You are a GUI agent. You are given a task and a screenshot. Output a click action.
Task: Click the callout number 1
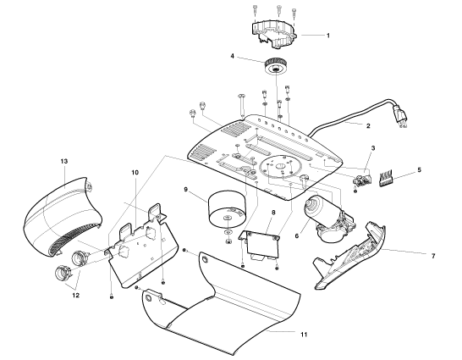pos(328,36)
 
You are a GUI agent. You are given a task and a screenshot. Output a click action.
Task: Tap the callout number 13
pos(64,161)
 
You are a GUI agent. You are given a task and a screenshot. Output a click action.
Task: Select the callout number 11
pos(304,335)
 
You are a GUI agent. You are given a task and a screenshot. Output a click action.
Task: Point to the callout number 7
pos(433,256)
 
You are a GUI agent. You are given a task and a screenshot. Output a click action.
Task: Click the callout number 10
pos(135,172)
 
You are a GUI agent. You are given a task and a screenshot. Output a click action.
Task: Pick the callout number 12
pos(75,295)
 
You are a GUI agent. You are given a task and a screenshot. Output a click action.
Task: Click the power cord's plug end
pos(401,118)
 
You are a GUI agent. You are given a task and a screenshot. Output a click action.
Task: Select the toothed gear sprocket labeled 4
pos(276,67)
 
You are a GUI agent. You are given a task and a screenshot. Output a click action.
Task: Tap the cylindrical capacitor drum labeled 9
pos(227,209)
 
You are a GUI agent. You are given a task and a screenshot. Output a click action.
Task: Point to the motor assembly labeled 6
pos(328,219)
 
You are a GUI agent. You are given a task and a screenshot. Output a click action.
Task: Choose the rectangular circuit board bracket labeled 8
pos(260,243)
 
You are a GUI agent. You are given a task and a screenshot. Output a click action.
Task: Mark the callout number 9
pos(185,189)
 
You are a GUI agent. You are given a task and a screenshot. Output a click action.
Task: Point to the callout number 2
pos(368,126)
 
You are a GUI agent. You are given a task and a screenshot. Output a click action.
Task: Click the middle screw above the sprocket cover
pos(278,11)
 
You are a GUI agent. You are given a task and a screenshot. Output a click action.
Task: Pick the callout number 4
pos(232,56)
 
